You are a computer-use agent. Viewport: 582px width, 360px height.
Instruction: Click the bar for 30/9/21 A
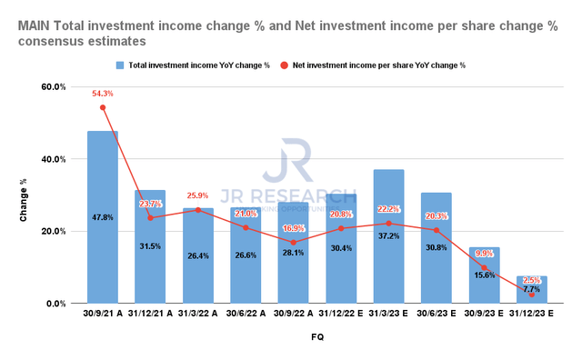click(x=103, y=217)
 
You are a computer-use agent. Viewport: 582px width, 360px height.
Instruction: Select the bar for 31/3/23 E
click(x=388, y=236)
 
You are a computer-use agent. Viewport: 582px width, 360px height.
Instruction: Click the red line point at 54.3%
click(x=103, y=107)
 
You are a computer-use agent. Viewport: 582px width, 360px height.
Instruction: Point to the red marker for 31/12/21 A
click(x=150, y=218)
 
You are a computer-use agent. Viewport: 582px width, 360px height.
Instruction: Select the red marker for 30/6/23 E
click(x=436, y=230)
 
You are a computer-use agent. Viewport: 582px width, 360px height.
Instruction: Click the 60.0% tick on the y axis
click(x=52, y=87)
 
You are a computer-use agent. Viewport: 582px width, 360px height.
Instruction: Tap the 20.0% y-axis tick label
click(x=52, y=232)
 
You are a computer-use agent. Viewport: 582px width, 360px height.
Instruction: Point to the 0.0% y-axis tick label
click(x=55, y=304)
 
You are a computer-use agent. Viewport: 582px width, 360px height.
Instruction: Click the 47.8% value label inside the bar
click(x=103, y=218)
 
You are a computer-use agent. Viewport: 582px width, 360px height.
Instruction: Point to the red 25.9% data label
click(x=199, y=195)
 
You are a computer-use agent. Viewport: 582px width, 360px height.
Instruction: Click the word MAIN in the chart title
click(x=34, y=27)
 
